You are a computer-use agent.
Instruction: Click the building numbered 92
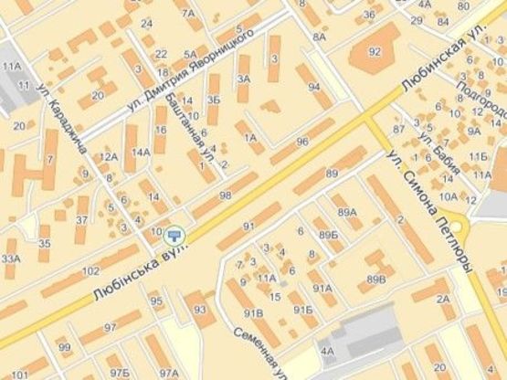tap(374, 52)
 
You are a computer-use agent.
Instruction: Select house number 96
tap(302, 142)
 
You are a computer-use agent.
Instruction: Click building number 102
tap(90, 271)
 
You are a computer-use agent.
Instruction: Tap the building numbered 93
tap(199, 311)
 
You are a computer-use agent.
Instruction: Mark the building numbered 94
tap(314, 88)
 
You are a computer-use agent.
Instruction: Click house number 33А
tap(11, 259)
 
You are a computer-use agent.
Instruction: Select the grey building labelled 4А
tap(326, 349)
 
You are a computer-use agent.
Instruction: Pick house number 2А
tap(444, 299)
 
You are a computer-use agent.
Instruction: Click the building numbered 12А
tap(109, 157)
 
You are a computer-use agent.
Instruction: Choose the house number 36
tap(369, 15)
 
